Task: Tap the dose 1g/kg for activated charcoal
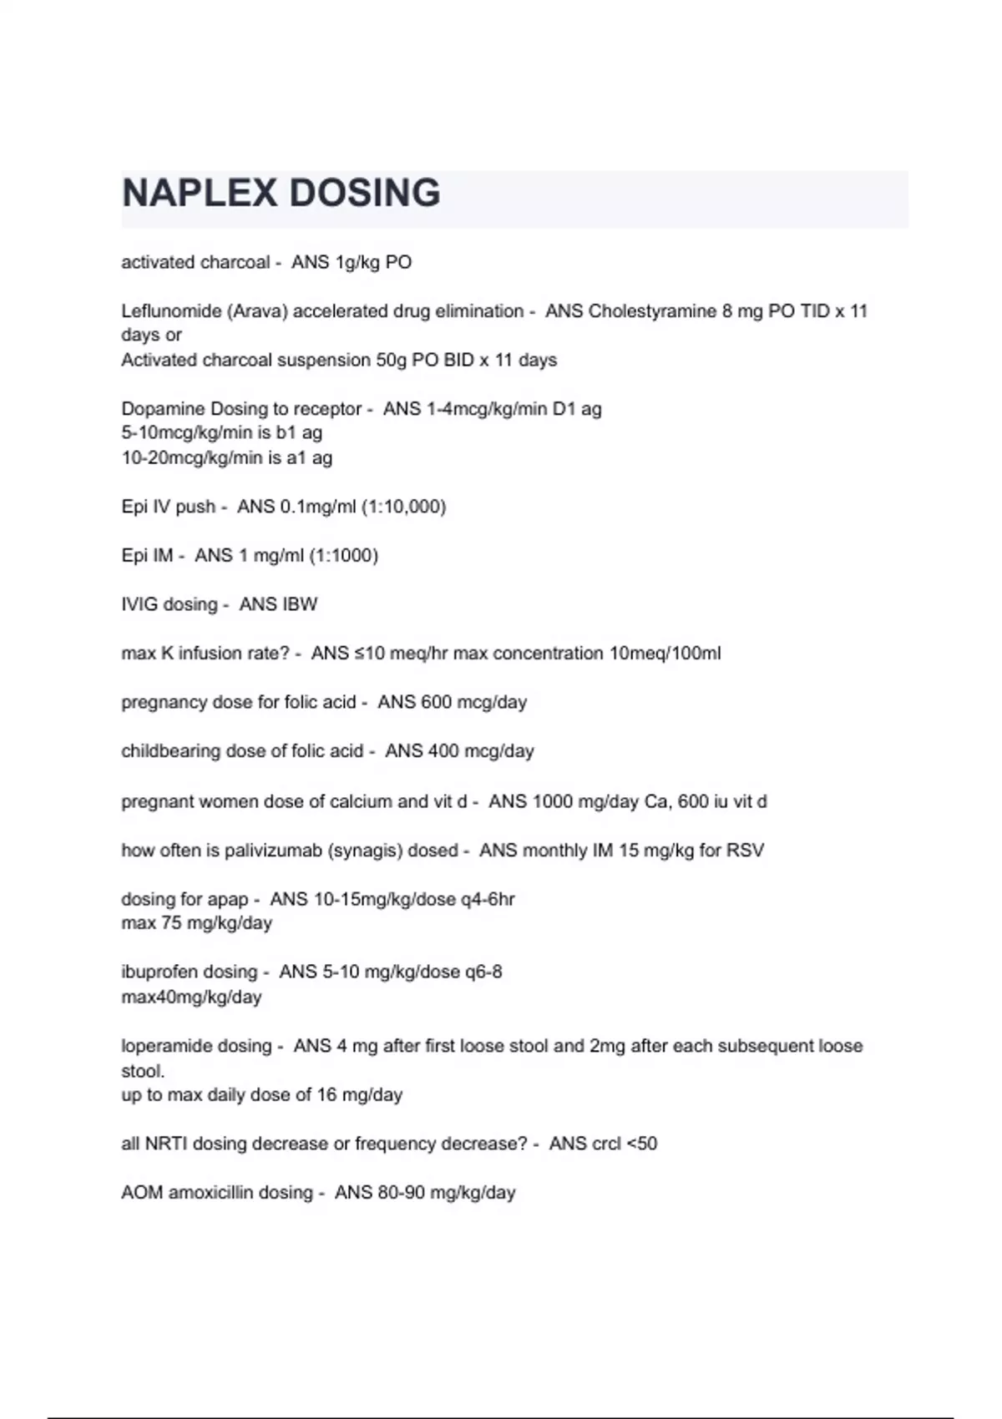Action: point(357,262)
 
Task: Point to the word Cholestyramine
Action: point(652,311)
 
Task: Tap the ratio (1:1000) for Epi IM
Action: point(343,555)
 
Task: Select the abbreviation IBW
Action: point(278,604)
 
